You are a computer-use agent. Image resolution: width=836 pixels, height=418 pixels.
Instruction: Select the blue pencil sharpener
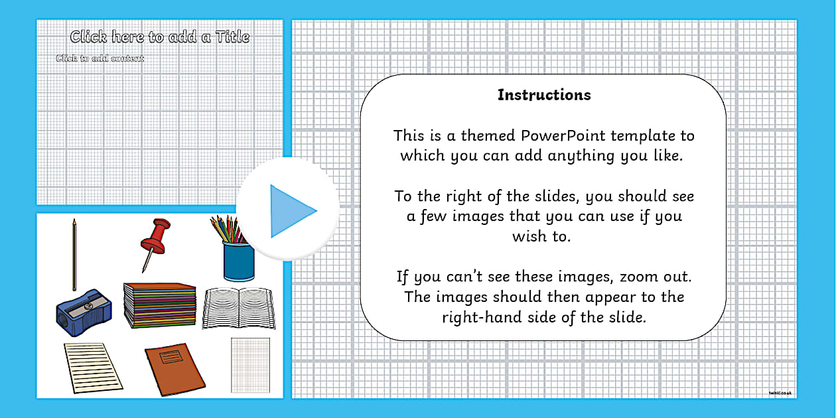click(83, 309)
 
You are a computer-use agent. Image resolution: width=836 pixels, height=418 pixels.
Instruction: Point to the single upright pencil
click(74, 254)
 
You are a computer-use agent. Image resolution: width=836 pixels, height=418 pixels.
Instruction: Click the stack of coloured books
click(160, 305)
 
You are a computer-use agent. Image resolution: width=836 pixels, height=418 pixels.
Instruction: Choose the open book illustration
click(238, 307)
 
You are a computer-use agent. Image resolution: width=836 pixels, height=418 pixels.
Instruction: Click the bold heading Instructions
click(544, 95)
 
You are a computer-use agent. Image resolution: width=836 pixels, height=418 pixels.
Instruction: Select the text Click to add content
click(100, 58)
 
